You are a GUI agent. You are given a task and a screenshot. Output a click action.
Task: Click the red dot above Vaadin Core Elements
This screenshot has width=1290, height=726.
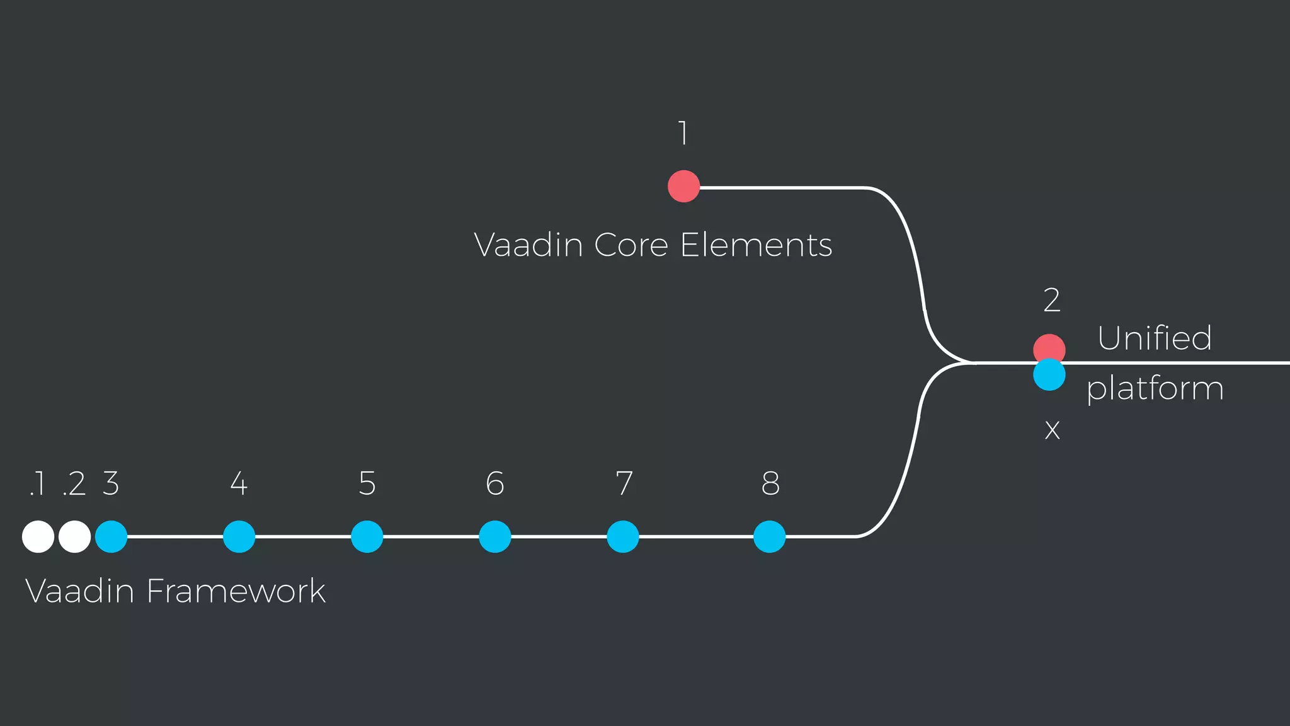pyautogui.click(x=683, y=186)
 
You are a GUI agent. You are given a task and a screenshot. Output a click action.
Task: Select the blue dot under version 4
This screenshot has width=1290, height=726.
pyautogui.click(x=239, y=537)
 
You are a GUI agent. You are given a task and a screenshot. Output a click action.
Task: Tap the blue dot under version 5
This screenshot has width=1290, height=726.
pyautogui.click(x=367, y=537)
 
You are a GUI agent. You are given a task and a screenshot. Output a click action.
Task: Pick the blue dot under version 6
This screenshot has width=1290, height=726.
pyautogui.click(x=495, y=537)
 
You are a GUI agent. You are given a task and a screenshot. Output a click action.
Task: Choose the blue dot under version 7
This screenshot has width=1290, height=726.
pyautogui.click(x=623, y=537)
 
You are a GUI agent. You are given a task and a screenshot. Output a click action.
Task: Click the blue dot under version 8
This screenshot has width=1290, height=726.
pyautogui.click(x=770, y=537)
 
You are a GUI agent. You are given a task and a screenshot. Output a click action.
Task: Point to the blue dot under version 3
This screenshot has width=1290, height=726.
pyautogui.click(x=111, y=537)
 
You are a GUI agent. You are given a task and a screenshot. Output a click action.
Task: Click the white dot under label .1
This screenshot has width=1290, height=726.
pyautogui.click(x=38, y=537)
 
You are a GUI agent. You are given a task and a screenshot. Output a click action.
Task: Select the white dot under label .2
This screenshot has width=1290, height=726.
pyautogui.click(x=74, y=537)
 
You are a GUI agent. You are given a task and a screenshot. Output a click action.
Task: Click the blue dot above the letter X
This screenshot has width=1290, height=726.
pyautogui.click(x=1049, y=376)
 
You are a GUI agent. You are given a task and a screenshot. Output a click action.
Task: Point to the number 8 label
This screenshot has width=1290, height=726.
pyautogui.click(x=770, y=483)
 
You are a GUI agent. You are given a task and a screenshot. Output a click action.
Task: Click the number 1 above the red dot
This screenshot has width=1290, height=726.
pyautogui.click(x=683, y=133)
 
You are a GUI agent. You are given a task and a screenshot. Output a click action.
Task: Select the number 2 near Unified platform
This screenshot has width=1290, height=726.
pyautogui.click(x=1052, y=300)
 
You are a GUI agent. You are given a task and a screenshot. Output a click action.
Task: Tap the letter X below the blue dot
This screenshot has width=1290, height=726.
pyautogui.click(x=1052, y=430)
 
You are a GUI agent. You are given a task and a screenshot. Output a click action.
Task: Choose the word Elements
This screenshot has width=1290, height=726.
pyautogui.click(x=756, y=245)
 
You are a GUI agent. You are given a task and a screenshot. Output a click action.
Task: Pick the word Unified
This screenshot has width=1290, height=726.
pyautogui.click(x=1155, y=338)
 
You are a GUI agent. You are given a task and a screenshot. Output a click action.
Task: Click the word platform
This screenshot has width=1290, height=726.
pyautogui.click(x=1155, y=389)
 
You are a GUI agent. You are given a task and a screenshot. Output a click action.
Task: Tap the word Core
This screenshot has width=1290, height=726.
pyautogui.click(x=631, y=245)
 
